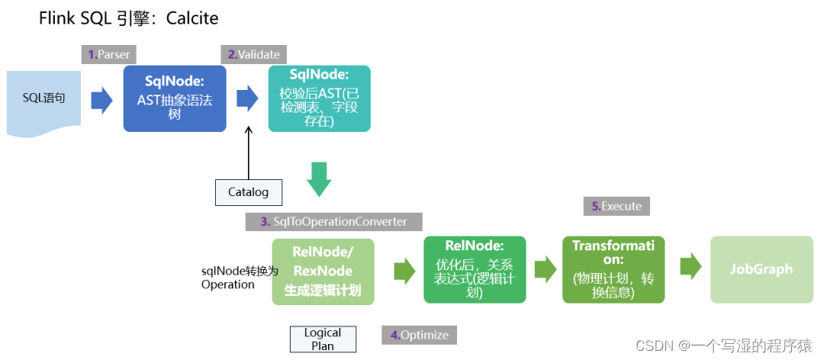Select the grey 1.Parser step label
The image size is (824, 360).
click(x=108, y=54)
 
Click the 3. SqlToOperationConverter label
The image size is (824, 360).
click(x=333, y=221)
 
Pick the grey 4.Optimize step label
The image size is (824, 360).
click(x=419, y=335)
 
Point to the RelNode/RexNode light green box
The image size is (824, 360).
click(x=323, y=271)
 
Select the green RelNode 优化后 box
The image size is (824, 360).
click(x=475, y=268)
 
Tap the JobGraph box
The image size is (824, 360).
click(x=761, y=268)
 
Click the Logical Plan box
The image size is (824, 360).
click(x=323, y=339)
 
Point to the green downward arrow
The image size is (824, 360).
click(x=319, y=178)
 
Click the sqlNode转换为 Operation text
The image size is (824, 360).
click(x=228, y=277)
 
